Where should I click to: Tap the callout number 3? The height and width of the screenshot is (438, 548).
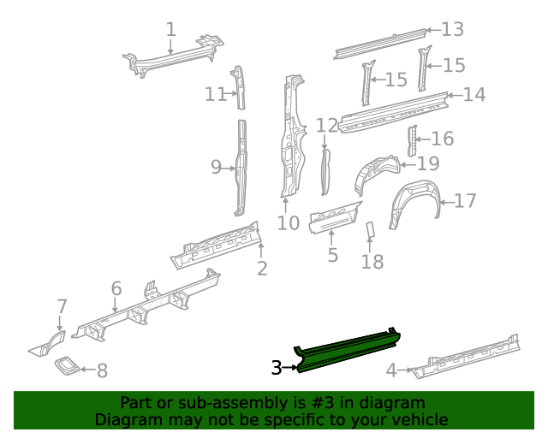(x=276, y=368)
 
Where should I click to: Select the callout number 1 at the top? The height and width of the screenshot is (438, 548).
(x=170, y=30)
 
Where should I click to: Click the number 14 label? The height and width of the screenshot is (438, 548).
(x=474, y=94)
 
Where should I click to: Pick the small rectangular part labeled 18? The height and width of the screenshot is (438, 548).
(x=371, y=231)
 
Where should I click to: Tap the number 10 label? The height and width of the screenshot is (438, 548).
(x=288, y=223)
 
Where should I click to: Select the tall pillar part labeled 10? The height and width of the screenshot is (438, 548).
(x=290, y=137)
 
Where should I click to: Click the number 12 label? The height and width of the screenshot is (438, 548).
(x=326, y=126)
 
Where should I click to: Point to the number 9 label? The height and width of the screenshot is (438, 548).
(x=217, y=168)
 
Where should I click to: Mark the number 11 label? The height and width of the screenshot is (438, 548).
(x=215, y=94)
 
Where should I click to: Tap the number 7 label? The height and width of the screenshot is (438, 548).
(x=62, y=306)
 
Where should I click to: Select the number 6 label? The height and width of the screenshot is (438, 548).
(x=116, y=288)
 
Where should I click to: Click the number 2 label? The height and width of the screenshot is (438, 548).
(x=262, y=269)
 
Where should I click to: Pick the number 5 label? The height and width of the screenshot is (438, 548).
(x=332, y=255)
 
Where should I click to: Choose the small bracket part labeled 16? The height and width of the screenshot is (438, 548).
(x=411, y=140)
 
